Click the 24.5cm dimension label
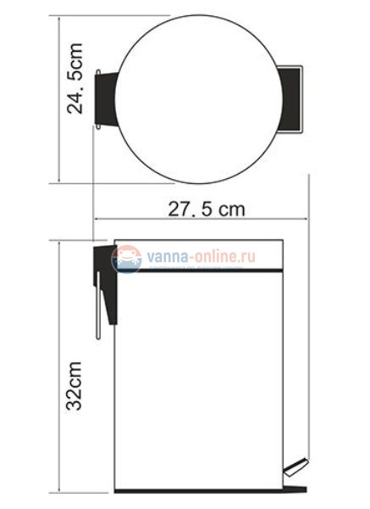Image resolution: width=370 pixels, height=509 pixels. click(x=77, y=91)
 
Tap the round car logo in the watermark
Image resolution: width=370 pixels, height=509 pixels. click(x=128, y=257)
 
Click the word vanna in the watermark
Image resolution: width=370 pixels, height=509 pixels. click(x=164, y=255)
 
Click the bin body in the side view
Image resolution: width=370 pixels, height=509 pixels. click(x=203, y=382)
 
